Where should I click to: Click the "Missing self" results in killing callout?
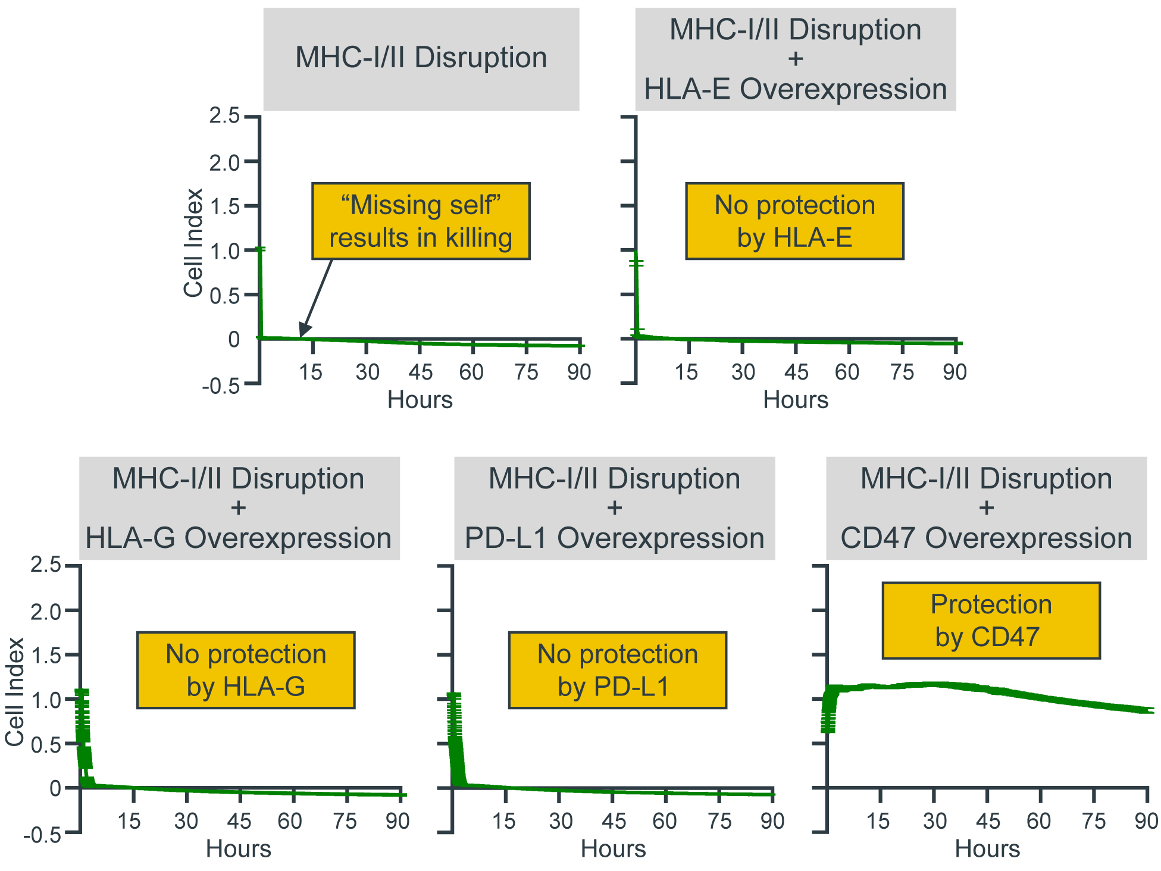click(421, 221)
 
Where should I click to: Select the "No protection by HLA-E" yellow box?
click(794, 221)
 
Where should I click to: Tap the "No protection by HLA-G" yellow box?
click(246, 670)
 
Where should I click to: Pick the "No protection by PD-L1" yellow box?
click(617, 670)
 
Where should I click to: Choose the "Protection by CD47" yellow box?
click(991, 621)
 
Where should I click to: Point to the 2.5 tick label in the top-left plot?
click(224, 115)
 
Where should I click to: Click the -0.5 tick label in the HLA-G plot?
click(42, 835)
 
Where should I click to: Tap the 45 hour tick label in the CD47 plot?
click(988, 822)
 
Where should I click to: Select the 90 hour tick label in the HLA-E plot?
click(955, 372)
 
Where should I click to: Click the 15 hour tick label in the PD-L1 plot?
click(503, 822)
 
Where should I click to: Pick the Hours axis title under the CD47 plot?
click(987, 849)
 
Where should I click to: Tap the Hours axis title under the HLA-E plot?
click(796, 400)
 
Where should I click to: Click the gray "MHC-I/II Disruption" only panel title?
click(421, 58)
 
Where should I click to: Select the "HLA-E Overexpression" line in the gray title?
click(796, 89)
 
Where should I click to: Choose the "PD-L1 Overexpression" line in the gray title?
click(614, 538)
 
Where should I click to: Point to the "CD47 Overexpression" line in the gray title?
click(986, 538)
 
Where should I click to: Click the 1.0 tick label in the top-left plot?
click(224, 251)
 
